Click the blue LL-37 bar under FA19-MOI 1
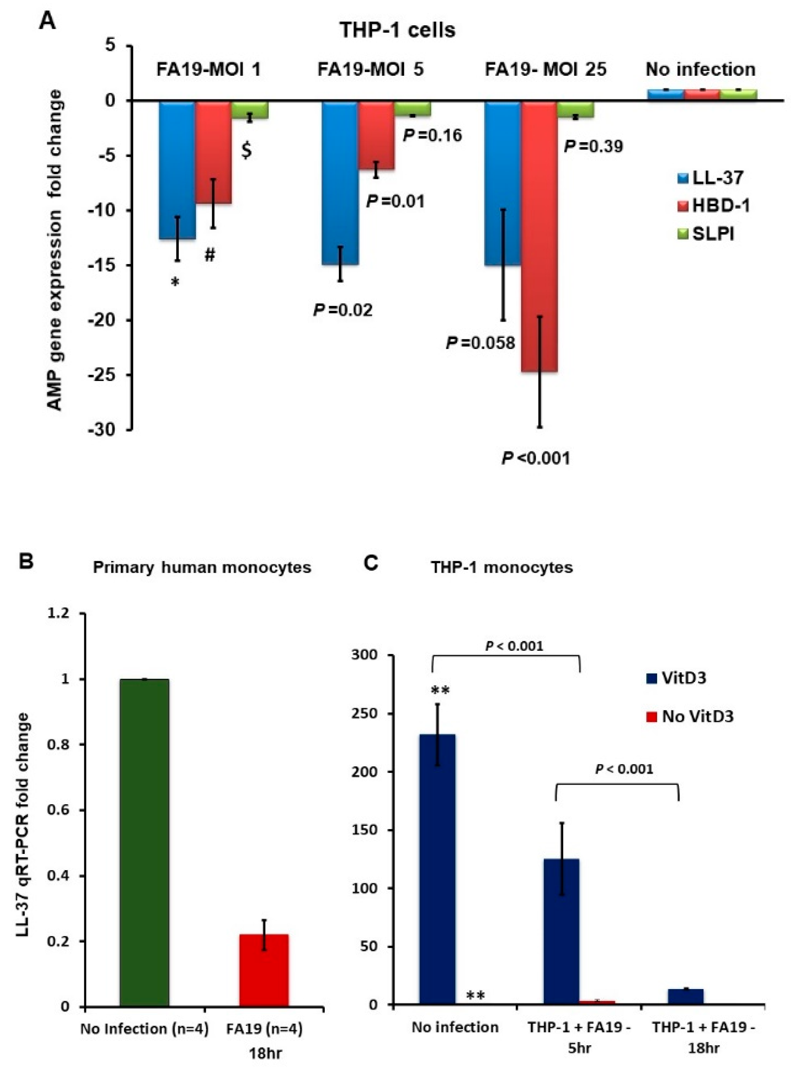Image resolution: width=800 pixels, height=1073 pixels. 177,169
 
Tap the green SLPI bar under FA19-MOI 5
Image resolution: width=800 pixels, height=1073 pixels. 412,109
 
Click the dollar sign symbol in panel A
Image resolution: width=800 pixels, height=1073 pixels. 246,151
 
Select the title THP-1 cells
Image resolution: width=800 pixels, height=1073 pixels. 397,30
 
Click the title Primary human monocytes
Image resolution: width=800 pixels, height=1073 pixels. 202,567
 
